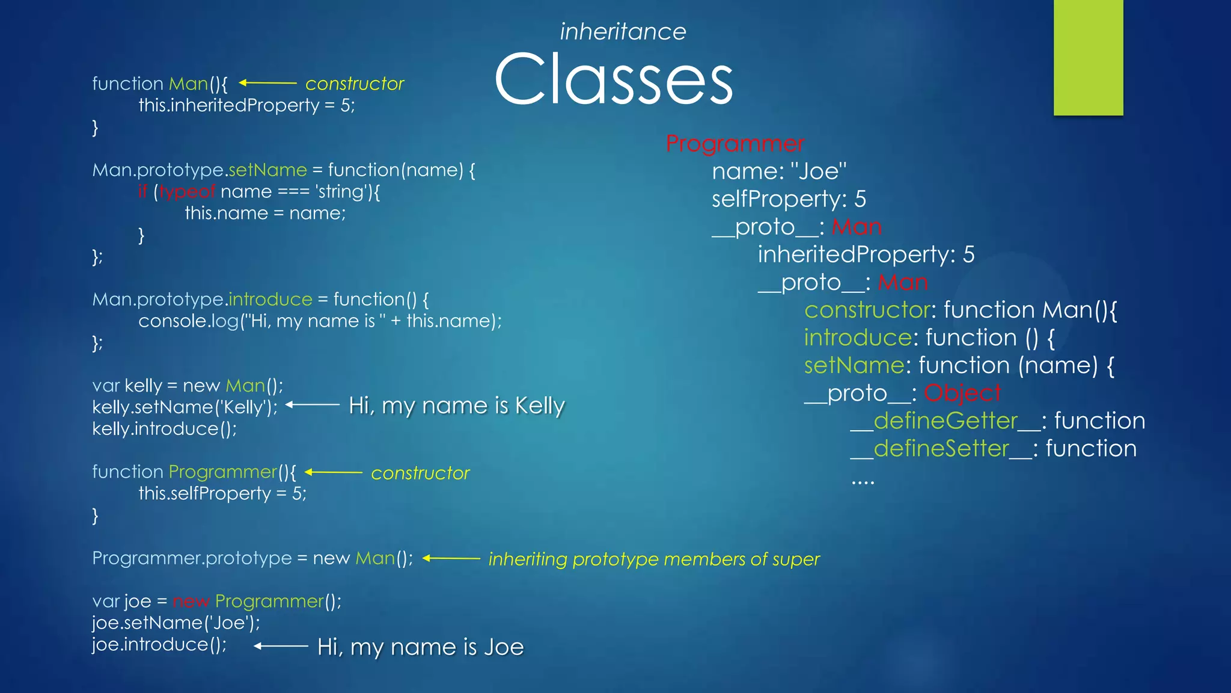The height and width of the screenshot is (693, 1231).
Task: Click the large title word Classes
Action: (613, 79)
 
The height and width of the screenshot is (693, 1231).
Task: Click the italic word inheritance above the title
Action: (623, 32)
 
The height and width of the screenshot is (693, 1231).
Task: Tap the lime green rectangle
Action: (1088, 57)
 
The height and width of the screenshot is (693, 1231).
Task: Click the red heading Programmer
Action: (735, 144)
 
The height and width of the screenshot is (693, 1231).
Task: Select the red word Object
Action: (962, 393)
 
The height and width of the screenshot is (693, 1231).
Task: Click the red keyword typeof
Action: (187, 192)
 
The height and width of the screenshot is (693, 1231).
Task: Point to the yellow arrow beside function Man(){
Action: (267, 83)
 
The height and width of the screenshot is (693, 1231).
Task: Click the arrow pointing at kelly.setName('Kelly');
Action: (313, 405)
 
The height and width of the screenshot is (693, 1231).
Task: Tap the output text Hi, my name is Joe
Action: (420, 647)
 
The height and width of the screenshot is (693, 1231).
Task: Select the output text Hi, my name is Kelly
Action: (457, 406)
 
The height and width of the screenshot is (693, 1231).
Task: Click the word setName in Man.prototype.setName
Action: (267, 170)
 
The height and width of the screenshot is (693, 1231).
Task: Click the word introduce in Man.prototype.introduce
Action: (270, 300)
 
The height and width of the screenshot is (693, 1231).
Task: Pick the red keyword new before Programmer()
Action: (191, 602)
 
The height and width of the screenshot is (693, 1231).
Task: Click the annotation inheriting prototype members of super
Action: (654, 559)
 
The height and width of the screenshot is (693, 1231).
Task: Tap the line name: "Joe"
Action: (779, 171)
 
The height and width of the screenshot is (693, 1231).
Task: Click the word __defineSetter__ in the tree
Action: (941, 449)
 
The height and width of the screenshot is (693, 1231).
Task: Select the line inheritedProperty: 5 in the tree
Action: (866, 254)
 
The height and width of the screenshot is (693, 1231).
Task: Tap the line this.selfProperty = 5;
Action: (222, 494)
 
